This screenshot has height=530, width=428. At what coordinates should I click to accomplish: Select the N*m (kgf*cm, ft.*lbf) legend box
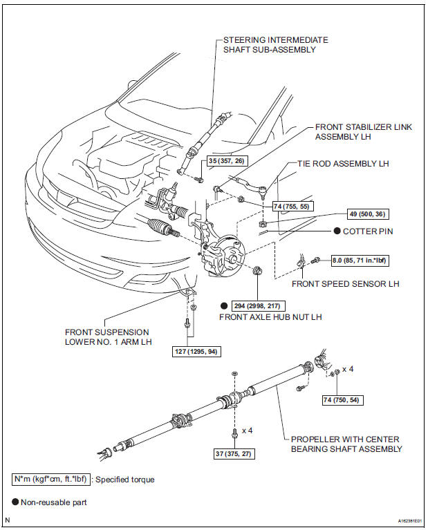[51, 479]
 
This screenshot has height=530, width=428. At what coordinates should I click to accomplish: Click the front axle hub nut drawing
[258, 270]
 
